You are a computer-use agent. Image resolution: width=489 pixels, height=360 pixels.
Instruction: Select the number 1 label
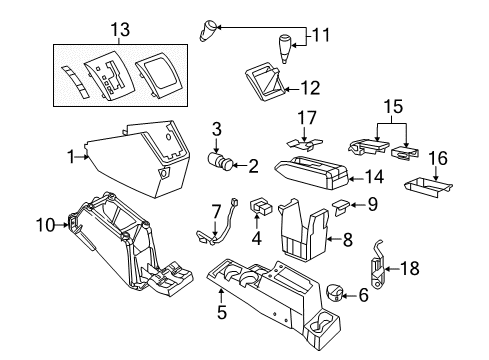pyautogui.click(x=71, y=154)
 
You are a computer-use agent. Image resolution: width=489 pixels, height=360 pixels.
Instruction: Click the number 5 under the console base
pyautogui.click(x=221, y=313)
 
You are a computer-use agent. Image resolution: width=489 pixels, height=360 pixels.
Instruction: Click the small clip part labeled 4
pyautogui.click(x=263, y=207)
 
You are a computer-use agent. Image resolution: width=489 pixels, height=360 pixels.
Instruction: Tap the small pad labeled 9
pyautogui.click(x=339, y=207)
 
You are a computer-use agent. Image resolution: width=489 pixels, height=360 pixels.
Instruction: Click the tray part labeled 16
pyautogui.click(x=427, y=185)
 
